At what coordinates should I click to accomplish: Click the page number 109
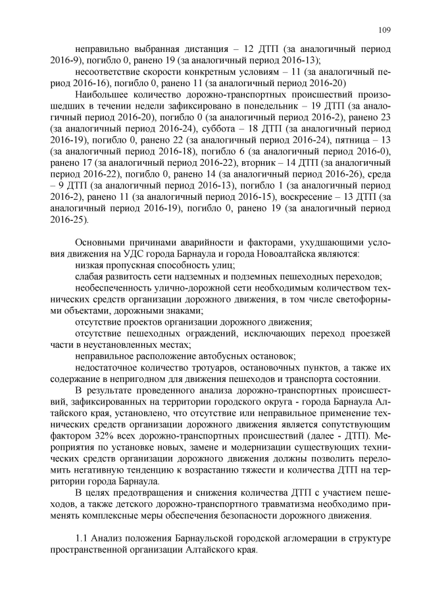pos(385,29)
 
